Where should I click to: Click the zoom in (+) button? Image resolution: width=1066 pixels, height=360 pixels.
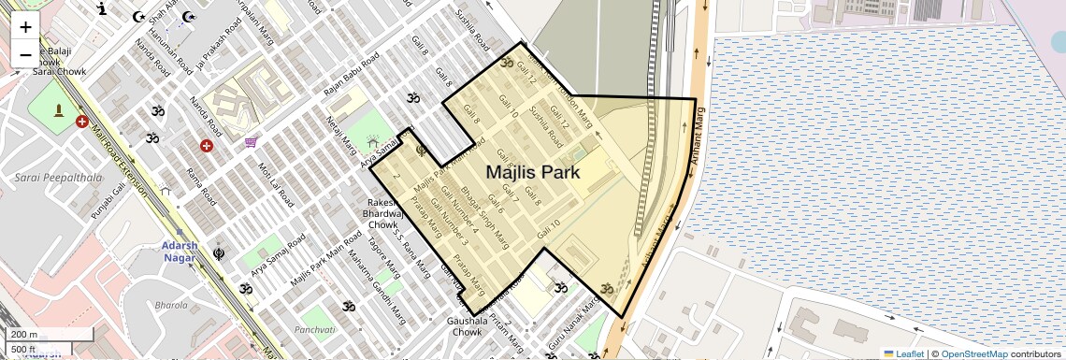(25, 27)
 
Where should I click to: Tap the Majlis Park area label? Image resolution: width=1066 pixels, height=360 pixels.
(532, 172)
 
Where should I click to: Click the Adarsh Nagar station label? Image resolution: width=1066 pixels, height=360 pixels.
(180, 252)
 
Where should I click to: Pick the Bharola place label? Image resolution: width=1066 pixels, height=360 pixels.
(171, 305)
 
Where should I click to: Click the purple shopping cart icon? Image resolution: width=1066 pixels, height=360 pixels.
(251, 142)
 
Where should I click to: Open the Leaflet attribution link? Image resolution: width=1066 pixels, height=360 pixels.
(903, 353)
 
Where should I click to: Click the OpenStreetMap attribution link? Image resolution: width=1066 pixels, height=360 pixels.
(973, 353)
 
